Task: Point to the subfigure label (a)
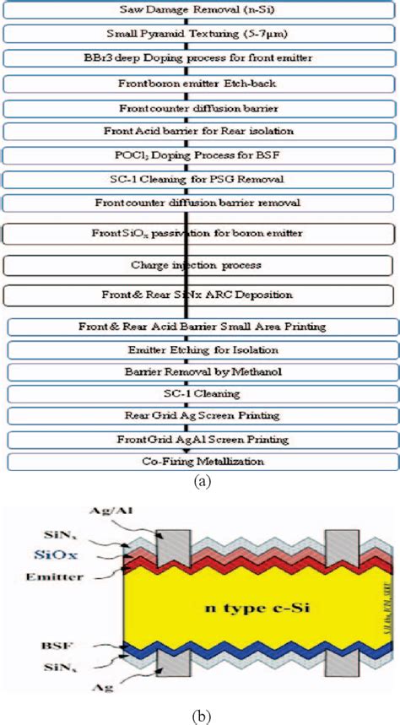[x=202, y=482]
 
